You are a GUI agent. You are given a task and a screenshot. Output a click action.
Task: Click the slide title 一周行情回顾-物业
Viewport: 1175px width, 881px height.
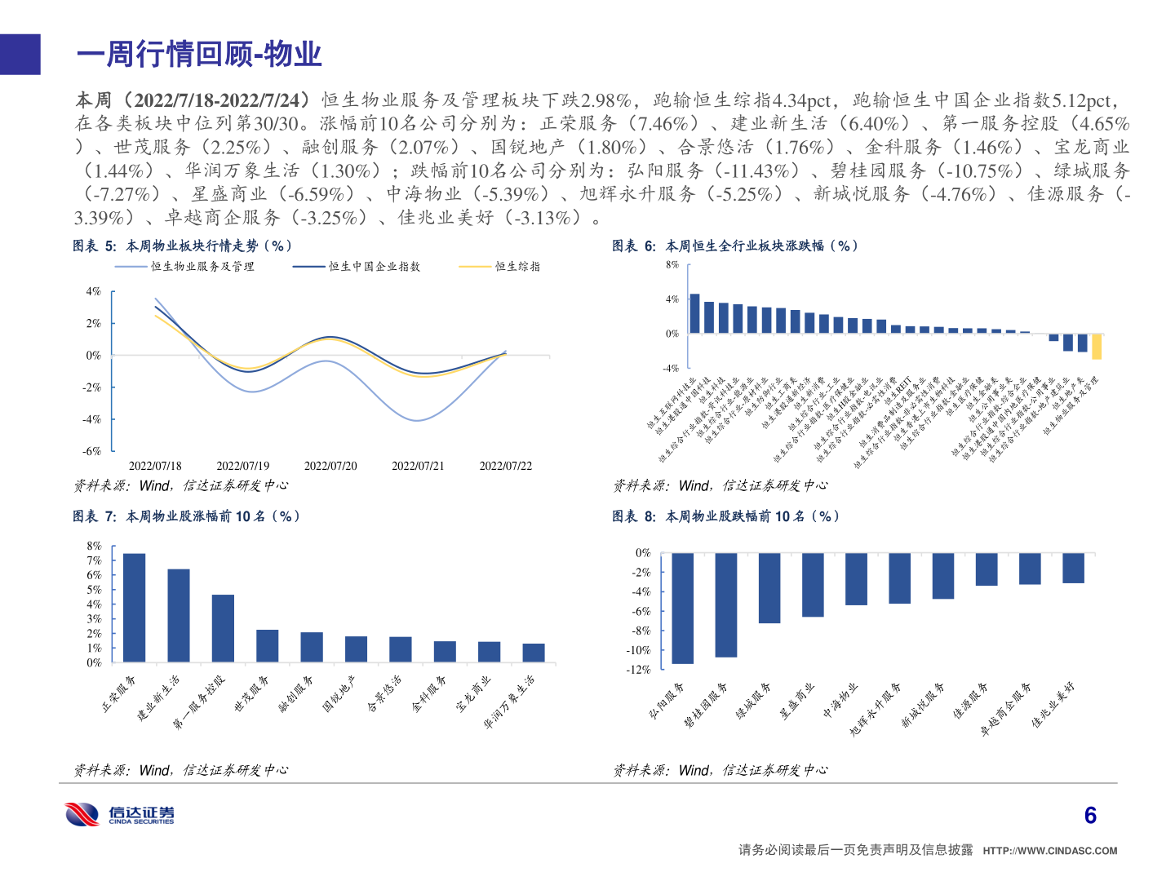pyautogui.click(x=199, y=55)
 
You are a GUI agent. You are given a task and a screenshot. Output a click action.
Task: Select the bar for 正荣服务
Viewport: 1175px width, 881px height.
pyautogui.click(x=134, y=608)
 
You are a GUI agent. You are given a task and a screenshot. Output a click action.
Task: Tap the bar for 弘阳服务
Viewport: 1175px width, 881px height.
pyautogui.click(x=682, y=608)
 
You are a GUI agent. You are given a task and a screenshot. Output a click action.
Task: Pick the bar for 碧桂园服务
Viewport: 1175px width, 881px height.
pyautogui.click(x=725, y=604)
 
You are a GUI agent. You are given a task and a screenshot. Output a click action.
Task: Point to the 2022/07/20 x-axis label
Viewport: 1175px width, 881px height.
pyautogui.click(x=330, y=466)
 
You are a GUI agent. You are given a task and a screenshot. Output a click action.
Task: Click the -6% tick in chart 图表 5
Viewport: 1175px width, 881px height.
pyautogui.click(x=91, y=451)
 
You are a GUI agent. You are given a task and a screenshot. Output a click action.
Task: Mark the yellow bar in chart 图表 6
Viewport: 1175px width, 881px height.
pyautogui.click(x=1097, y=347)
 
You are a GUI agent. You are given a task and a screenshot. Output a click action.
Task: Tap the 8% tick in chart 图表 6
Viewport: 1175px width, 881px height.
pyautogui.click(x=672, y=265)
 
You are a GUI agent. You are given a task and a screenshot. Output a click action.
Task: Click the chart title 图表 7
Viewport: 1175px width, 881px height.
pyautogui.click(x=186, y=516)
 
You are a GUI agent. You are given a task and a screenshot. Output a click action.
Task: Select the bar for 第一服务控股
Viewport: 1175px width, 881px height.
pyautogui.click(x=223, y=628)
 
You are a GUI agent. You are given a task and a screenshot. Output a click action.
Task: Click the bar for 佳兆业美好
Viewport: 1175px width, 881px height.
pyautogui.click(x=1073, y=568)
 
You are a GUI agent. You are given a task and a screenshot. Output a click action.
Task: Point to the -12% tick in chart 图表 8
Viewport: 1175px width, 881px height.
pyautogui.click(x=638, y=670)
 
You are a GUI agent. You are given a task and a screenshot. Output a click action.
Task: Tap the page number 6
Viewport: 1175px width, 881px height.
pyautogui.click(x=1090, y=815)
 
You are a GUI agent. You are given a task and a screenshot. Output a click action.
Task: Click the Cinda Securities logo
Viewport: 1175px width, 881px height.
pyautogui.click(x=120, y=814)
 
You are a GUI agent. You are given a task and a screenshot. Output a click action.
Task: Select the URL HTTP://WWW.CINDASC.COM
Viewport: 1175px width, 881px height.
pyautogui.click(x=1049, y=851)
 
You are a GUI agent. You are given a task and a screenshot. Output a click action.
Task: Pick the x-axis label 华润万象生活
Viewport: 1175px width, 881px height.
pyautogui.click(x=511, y=702)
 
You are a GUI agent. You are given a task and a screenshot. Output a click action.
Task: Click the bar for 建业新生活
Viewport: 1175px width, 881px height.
pyautogui.click(x=179, y=615)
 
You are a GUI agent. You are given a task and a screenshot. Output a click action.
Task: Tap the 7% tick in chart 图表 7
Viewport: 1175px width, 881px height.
pyautogui.click(x=94, y=560)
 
